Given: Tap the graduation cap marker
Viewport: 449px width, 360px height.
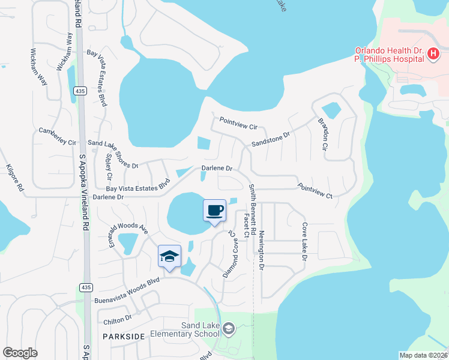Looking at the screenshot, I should (169, 256).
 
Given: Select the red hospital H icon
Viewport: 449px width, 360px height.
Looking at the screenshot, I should (433, 55).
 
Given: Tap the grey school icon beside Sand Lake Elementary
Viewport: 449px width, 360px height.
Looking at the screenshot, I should (228, 328).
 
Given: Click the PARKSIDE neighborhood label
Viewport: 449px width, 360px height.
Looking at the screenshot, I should (124, 337).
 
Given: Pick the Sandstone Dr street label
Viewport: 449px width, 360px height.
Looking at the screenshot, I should (271, 140).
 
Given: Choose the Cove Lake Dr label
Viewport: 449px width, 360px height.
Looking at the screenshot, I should (305, 242).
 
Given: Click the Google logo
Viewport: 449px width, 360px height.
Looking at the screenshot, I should (20, 353).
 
